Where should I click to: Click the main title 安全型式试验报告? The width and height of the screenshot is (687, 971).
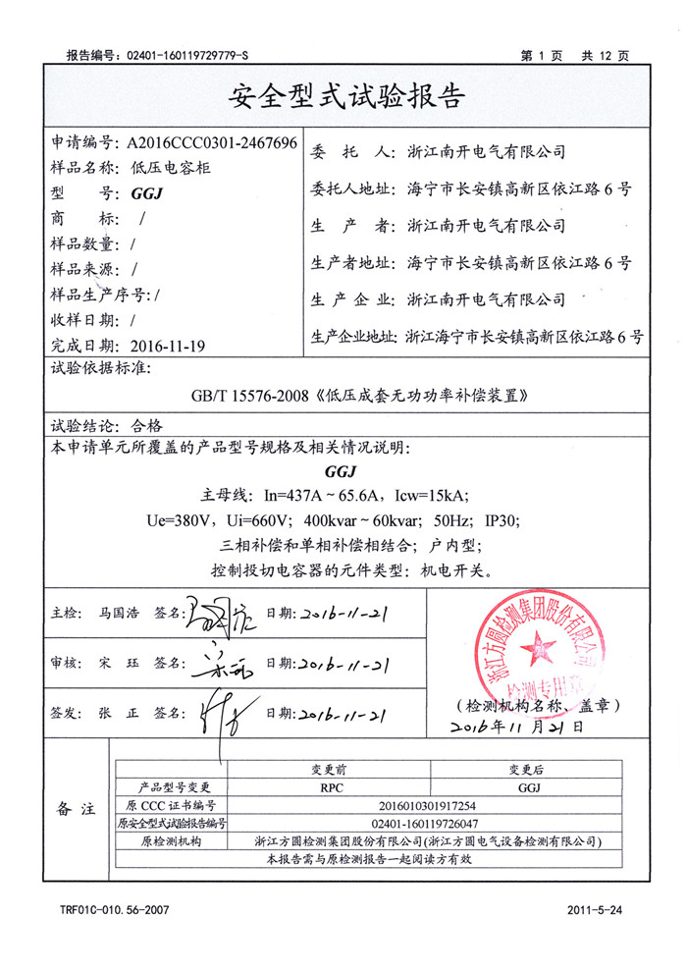343,97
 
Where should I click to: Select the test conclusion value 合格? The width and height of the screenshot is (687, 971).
146,426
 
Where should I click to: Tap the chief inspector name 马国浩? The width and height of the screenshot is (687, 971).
119,613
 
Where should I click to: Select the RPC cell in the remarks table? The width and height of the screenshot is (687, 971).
343,786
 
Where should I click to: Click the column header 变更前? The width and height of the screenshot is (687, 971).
343,769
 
